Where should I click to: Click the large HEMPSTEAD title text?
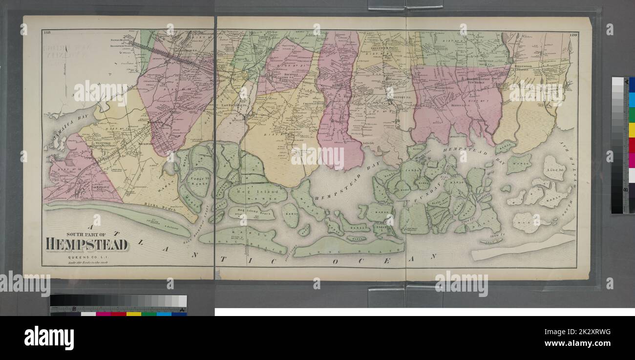tap(87, 244)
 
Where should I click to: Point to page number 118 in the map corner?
tap(47, 33)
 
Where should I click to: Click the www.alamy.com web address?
tap(581, 343)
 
